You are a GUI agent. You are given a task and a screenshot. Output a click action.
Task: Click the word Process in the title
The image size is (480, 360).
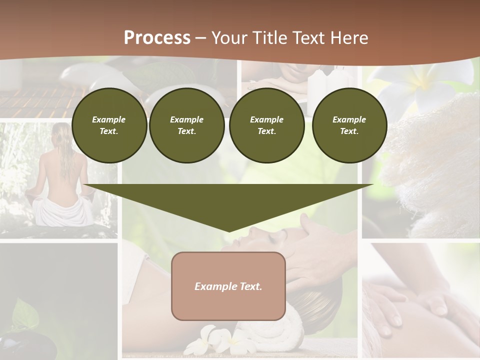[x=157, y=38]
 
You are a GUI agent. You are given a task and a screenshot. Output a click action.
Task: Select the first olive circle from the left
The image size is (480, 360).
[x=109, y=125]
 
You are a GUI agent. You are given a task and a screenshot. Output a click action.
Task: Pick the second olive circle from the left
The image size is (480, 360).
[x=186, y=125]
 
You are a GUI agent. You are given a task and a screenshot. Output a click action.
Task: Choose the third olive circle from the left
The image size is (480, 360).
[x=266, y=125]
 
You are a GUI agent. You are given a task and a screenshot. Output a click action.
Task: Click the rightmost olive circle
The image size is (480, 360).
[x=349, y=125]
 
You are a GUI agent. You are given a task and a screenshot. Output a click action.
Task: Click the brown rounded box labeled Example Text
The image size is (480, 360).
[x=228, y=286]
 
